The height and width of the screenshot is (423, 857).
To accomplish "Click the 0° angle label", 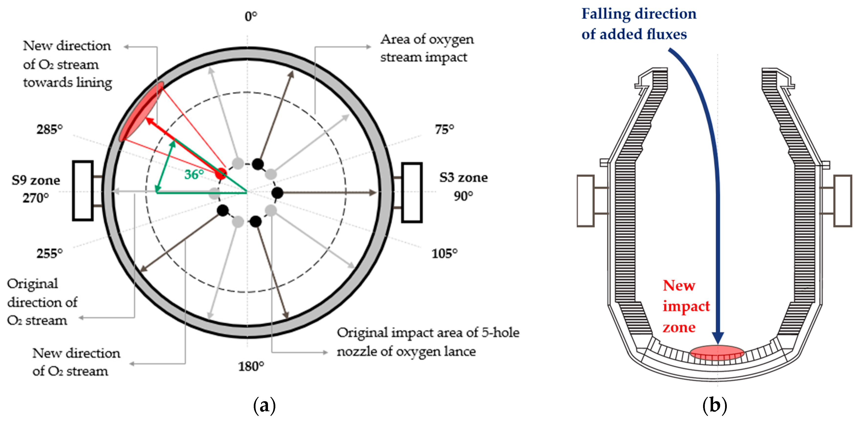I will tap(251, 16).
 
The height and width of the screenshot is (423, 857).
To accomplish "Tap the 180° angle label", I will tap(251, 366).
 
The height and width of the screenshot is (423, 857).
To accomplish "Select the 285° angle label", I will tap(50, 129).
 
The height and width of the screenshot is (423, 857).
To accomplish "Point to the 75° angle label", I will tap(444, 129).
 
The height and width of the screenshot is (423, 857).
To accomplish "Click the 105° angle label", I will tap(444, 254).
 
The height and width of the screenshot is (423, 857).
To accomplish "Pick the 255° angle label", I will tap(50, 254).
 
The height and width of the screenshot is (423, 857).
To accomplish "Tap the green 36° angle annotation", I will tap(194, 174).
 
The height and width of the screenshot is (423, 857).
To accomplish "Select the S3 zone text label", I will tap(463, 177).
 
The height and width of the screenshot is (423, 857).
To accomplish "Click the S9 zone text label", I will tap(36, 180).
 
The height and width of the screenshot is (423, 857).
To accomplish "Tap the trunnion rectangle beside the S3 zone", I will tap(412, 192).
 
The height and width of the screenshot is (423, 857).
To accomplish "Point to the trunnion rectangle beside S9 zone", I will tap(82, 191).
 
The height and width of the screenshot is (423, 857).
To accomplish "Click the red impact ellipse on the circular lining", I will tap(142, 111).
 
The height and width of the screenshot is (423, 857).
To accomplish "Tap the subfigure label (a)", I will tap(265, 405).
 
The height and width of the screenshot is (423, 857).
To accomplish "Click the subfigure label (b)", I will tap(714, 405).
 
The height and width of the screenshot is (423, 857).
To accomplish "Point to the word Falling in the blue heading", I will tap(605, 14).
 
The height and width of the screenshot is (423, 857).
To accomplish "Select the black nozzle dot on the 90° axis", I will tap(277, 193).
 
